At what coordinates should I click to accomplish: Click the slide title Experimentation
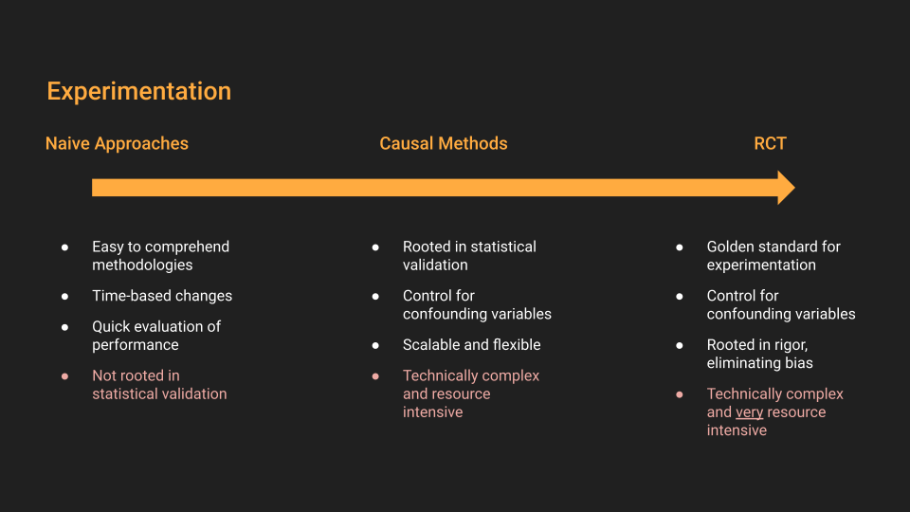[138, 92]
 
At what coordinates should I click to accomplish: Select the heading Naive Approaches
[117, 143]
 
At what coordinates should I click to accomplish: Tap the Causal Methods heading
[444, 143]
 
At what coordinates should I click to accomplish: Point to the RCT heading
[770, 143]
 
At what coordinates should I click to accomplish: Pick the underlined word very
[749, 412]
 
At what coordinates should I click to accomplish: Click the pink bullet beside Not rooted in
[65, 376]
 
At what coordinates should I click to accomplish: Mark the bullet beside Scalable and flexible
[375, 345]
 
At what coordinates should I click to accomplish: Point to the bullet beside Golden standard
[680, 247]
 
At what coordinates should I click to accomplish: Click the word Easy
[108, 247]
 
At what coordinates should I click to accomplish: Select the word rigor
[791, 345]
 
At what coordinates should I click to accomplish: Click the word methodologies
[142, 265]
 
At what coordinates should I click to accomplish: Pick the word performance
[136, 345]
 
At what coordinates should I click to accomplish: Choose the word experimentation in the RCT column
[761, 265]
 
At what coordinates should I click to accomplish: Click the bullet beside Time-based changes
[65, 297]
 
